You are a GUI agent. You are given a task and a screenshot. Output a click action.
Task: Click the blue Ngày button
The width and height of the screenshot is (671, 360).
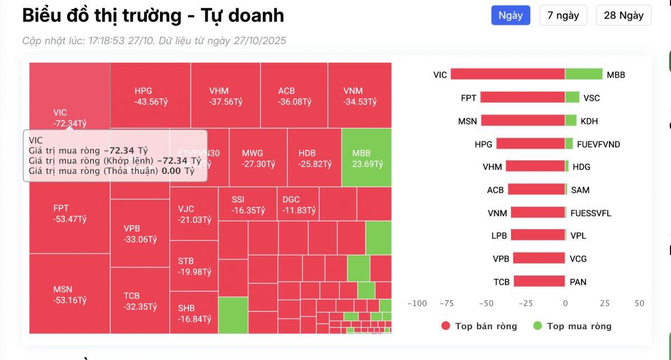[x=510, y=16]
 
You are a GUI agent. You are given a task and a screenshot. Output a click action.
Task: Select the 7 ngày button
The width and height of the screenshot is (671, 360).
[x=563, y=16]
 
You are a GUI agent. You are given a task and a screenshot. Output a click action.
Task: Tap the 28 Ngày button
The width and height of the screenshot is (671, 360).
[x=623, y=16]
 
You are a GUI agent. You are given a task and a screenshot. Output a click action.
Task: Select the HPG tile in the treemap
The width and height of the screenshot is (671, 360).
[x=150, y=96]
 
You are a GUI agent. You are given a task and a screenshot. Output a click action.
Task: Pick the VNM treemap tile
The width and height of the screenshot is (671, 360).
[x=360, y=96]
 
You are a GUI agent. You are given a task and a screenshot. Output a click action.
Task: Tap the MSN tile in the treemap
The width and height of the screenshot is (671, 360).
[x=69, y=294]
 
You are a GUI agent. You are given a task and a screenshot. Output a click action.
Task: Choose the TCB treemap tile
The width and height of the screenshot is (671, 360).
[x=140, y=301]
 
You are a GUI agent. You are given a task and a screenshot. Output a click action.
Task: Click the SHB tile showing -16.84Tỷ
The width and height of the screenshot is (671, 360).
[x=193, y=313]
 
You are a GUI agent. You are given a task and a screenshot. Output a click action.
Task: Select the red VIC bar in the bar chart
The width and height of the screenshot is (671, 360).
[x=507, y=74]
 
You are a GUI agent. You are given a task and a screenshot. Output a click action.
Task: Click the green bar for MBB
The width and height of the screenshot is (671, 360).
[x=584, y=74]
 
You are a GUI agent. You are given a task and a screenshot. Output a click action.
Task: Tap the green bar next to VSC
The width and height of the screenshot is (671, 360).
[x=572, y=98]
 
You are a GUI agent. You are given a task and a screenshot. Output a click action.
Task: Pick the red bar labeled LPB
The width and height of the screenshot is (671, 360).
[x=537, y=235]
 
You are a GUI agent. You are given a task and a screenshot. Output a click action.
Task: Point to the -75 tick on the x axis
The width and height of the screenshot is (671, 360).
[x=446, y=304]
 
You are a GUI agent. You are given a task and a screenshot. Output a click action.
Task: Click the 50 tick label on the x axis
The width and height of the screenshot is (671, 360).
[x=639, y=304]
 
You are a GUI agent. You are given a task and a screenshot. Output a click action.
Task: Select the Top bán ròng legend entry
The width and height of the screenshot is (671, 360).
[x=479, y=326]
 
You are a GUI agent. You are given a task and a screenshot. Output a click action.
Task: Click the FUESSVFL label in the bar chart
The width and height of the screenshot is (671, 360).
[x=590, y=213]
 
